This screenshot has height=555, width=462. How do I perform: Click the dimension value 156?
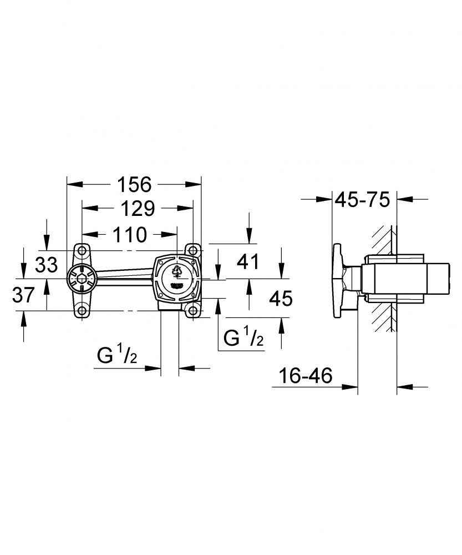pyautogui.click(x=134, y=184)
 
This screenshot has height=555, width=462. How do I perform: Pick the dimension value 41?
pyautogui.click(x=248, y=261)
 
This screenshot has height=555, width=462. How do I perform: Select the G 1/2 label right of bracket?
pyautogui.click(x=243, y=338)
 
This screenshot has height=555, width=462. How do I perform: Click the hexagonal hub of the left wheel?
pyautogui.click(x=81, y=277)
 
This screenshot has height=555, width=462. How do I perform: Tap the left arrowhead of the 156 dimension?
pyautogui.click(x=71, y=183)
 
